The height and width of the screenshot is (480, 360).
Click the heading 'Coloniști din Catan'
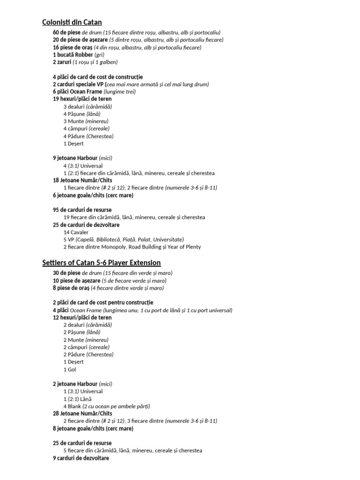(72, 22)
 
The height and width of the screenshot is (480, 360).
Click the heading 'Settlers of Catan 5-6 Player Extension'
(101, 262)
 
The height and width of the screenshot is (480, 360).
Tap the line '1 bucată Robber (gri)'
(78, 54)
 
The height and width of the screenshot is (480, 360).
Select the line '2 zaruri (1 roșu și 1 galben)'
(85, 62)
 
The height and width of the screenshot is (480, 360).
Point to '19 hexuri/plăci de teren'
(82, 99)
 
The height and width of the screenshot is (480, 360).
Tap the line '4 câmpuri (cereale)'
(86, 128)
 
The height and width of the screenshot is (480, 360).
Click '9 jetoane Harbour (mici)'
(82, 158)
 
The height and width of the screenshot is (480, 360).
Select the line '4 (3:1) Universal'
(82, 165)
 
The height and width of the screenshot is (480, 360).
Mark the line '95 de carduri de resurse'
(82, 210)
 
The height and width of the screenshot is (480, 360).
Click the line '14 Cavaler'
(75, 232)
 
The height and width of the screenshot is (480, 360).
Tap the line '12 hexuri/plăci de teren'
(82, 317)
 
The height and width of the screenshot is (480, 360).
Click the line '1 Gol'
(70, 369)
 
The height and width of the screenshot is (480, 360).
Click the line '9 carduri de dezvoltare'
(81, 458)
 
